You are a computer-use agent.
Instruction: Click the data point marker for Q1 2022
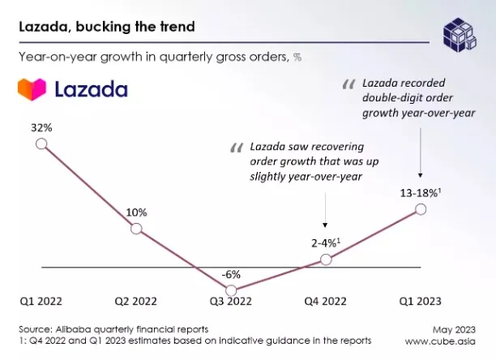[x=41, y=144]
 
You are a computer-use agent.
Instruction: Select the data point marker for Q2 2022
[x=136, y=229]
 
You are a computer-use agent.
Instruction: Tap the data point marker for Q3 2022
[x=231, y=290]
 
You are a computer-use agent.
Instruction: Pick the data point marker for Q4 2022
[x=326, y=259]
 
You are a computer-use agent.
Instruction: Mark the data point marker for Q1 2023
[x=421, y=209]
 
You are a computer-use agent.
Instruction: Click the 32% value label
[x=41, y=128]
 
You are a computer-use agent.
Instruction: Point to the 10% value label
[x=136, y=212]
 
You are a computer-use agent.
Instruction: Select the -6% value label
[x=231, y=275]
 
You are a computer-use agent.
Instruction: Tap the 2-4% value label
[x=326, y=243]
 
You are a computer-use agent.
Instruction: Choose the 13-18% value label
[x=421, y=193]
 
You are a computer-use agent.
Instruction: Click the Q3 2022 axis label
[x=231, y=301]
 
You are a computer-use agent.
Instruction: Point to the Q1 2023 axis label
[x=420, y=301]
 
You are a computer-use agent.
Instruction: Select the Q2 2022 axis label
[x=135, y=301]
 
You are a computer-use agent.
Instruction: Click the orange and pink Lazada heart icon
[x=32, y=89]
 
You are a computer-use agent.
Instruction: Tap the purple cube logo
[x=460, y=35]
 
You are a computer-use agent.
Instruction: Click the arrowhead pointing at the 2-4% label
[x=325, y=225]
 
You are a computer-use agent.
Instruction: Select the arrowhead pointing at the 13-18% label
[x=421, y=175]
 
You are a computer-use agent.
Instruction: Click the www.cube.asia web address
[x=440, y=341]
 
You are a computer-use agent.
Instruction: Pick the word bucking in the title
[x=104, y=27]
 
